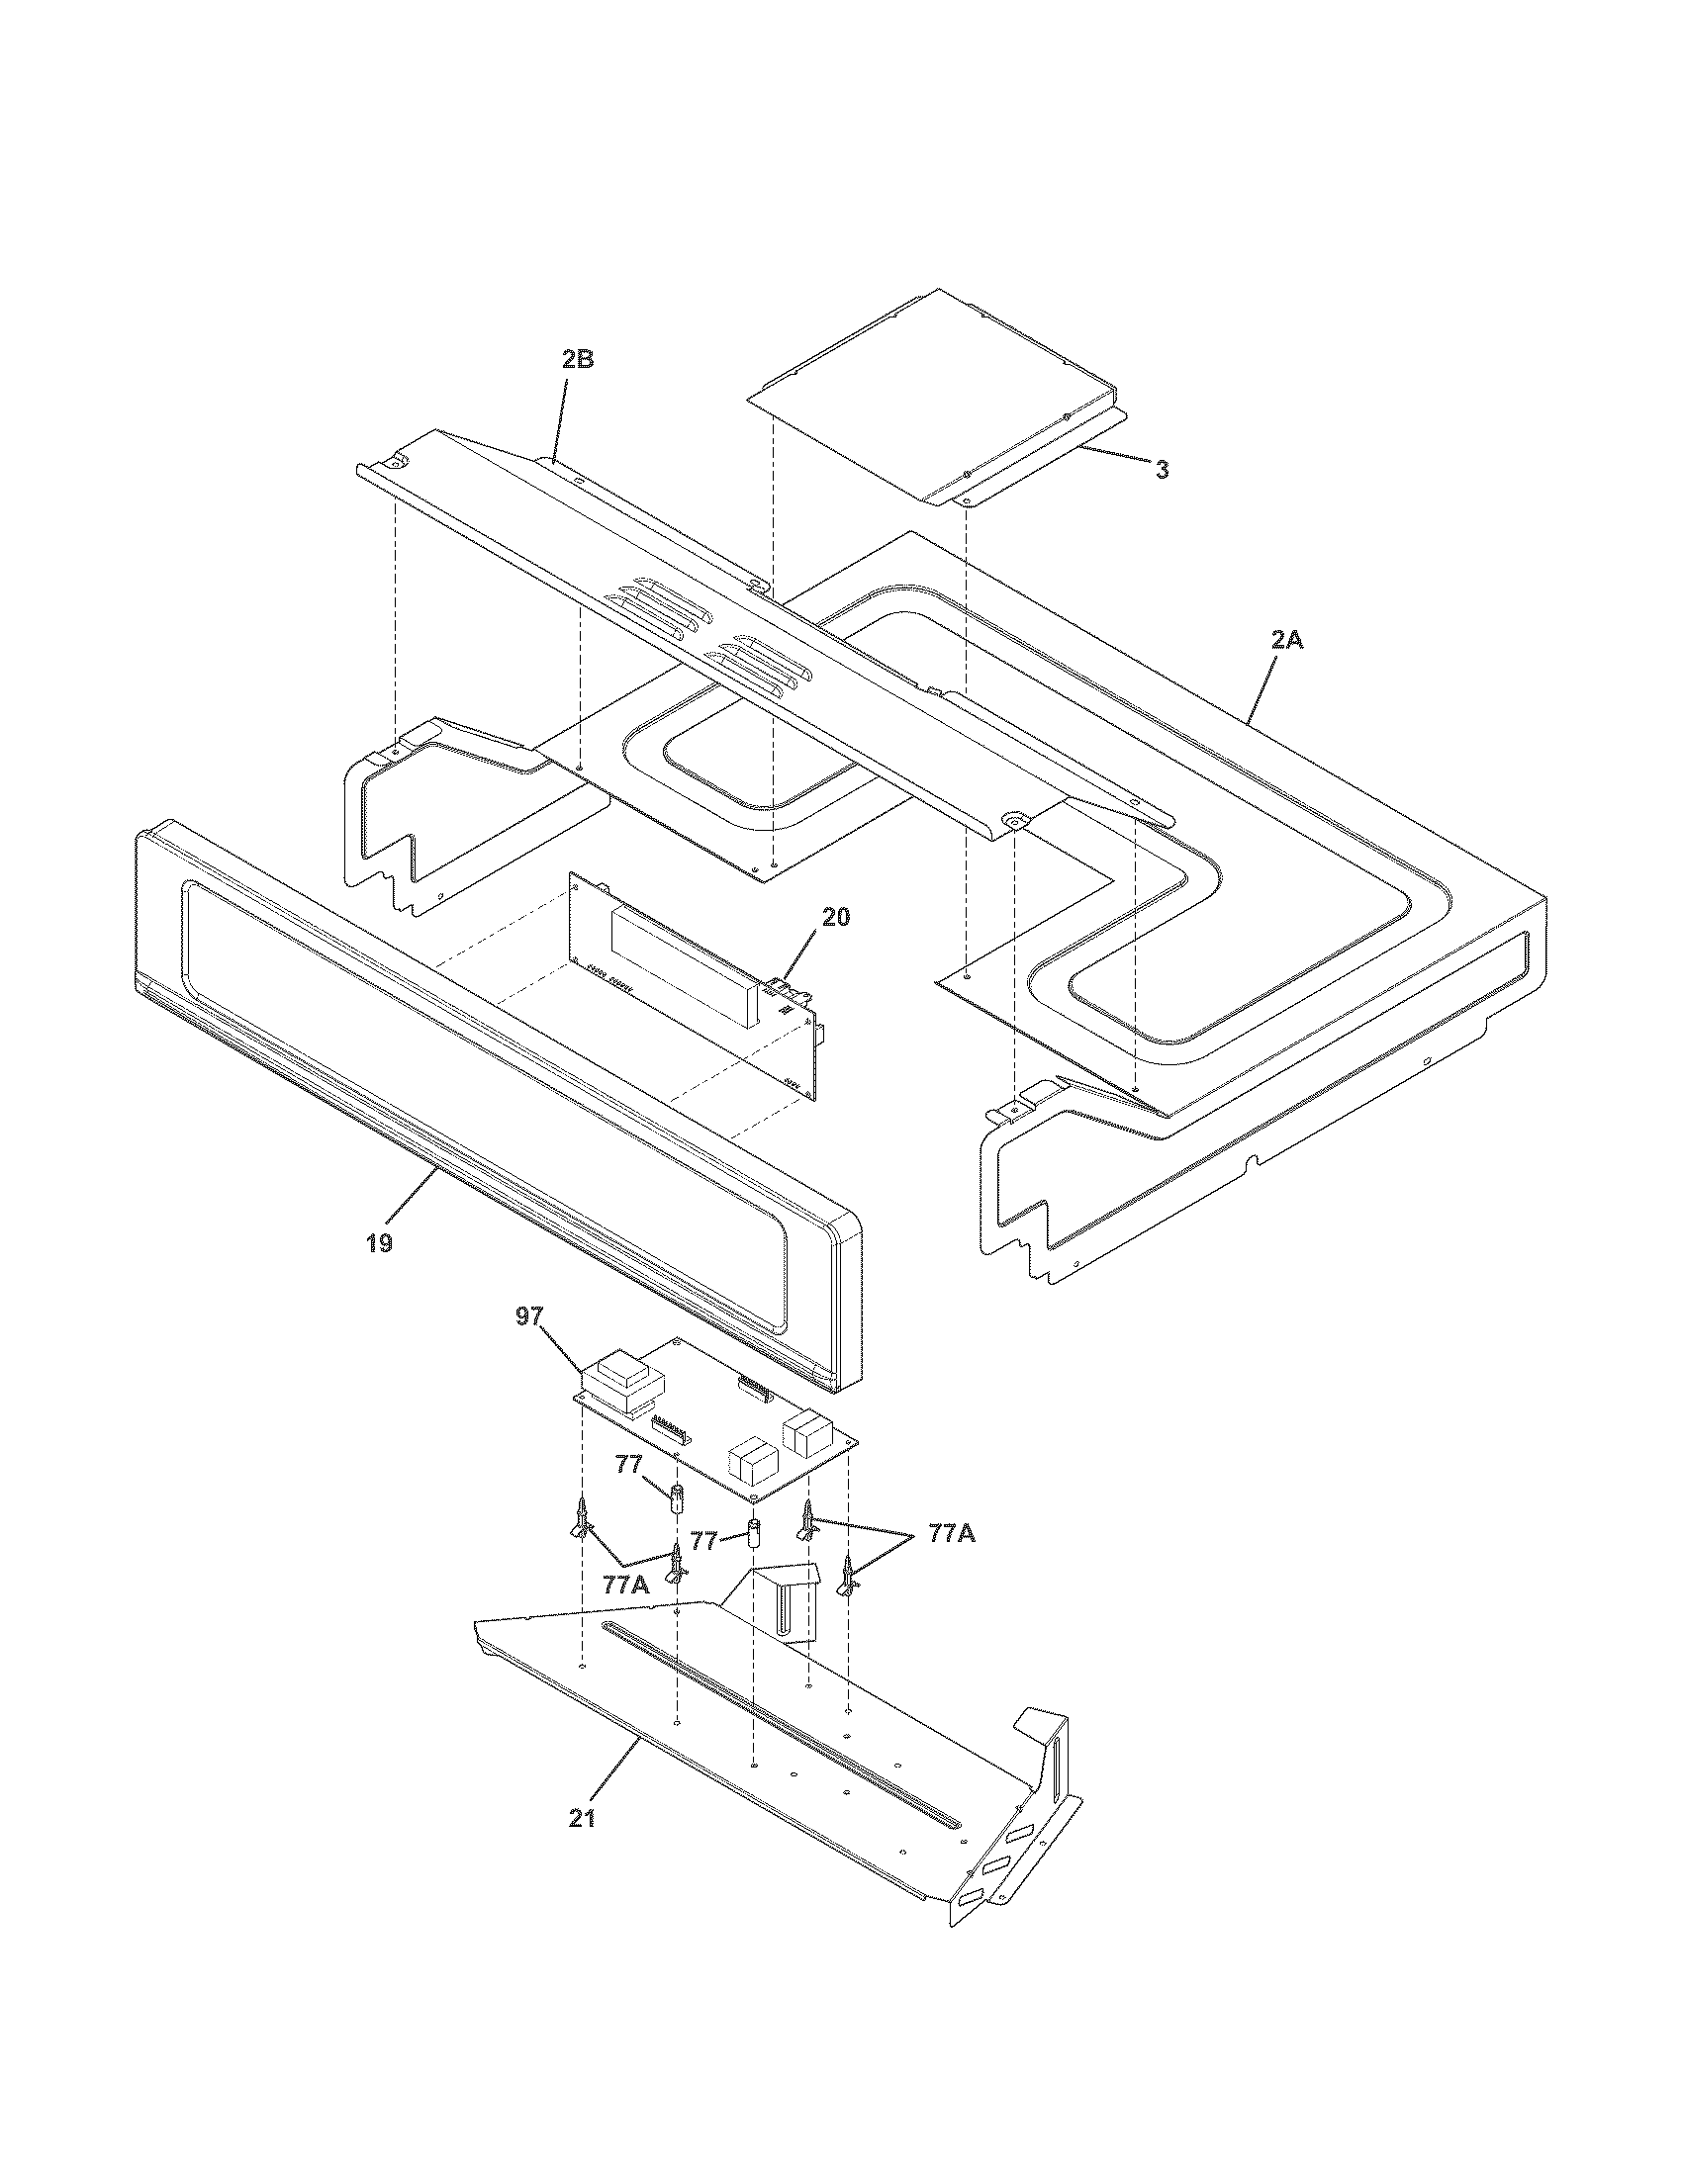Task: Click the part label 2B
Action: click(577, 360)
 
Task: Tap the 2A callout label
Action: click(1286, 641)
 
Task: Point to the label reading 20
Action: click(836, 917)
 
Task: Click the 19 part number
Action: click(379, 1242)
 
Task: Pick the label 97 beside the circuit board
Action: click(530, 1316)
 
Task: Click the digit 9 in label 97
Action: click(523, 1316)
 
